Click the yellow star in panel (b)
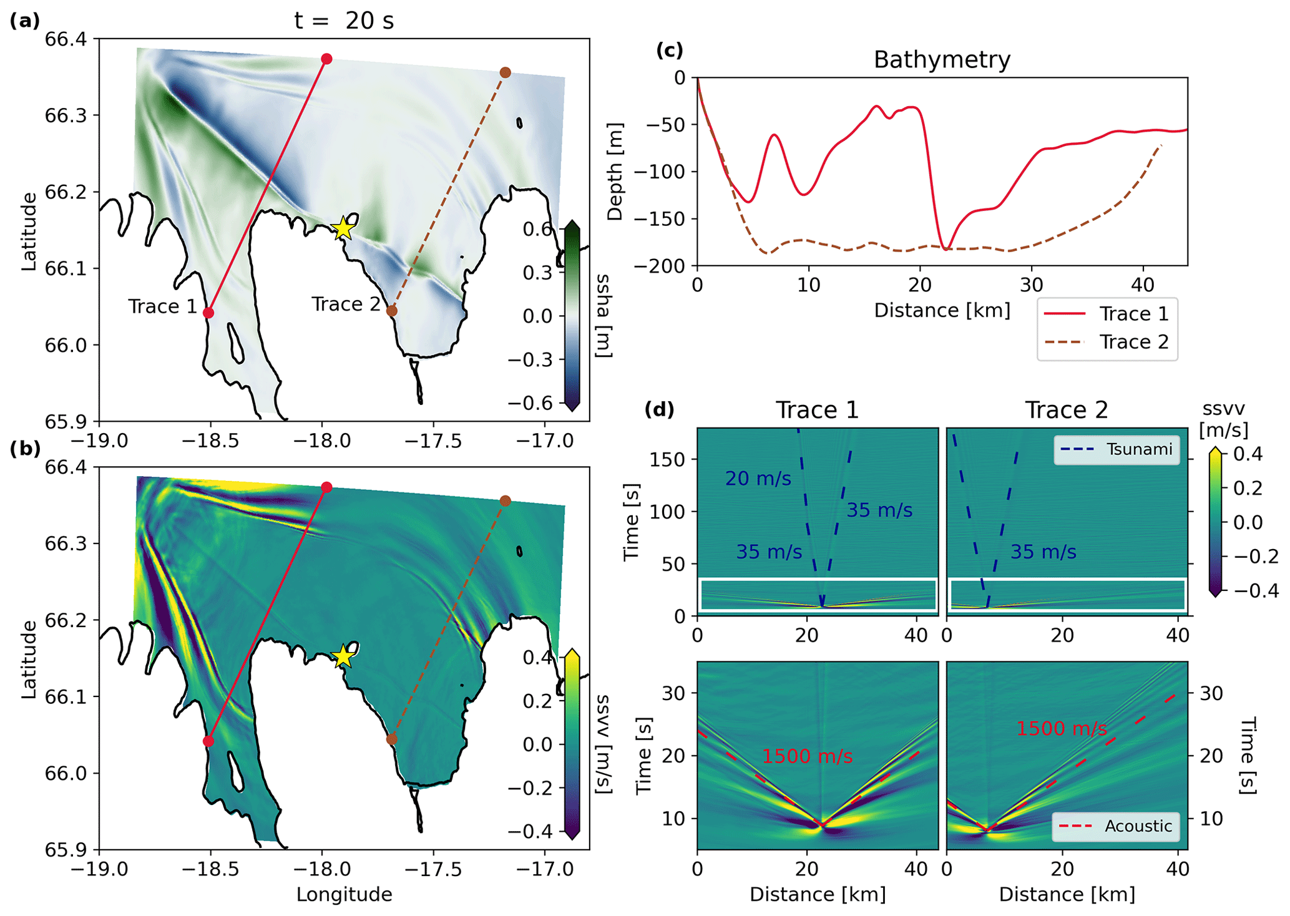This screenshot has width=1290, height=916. point(343,656)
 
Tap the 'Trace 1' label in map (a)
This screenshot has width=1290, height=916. point(162,306)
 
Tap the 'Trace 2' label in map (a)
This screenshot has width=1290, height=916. point(346,304)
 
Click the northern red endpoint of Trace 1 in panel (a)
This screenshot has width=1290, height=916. point(326,59)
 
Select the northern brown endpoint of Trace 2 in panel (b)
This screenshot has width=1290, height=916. point(506,500)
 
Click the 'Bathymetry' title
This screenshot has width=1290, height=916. point(942,59)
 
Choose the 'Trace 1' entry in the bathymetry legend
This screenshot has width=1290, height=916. point(1133,313)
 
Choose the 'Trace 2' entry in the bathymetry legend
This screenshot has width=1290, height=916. point(1133,342)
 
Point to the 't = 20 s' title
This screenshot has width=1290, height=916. point(344,21)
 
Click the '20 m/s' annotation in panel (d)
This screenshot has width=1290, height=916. point(758,479)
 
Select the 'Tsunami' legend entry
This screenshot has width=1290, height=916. point(1139,449)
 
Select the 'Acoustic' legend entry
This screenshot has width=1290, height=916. point(1138,826)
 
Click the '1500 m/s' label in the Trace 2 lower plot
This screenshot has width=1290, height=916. point(1062,728)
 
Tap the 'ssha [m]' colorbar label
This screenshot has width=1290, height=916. point(603,316)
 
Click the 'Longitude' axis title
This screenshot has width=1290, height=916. point(344,894)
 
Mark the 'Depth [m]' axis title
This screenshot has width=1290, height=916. point(615,172)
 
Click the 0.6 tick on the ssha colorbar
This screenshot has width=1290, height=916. point(538,229)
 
